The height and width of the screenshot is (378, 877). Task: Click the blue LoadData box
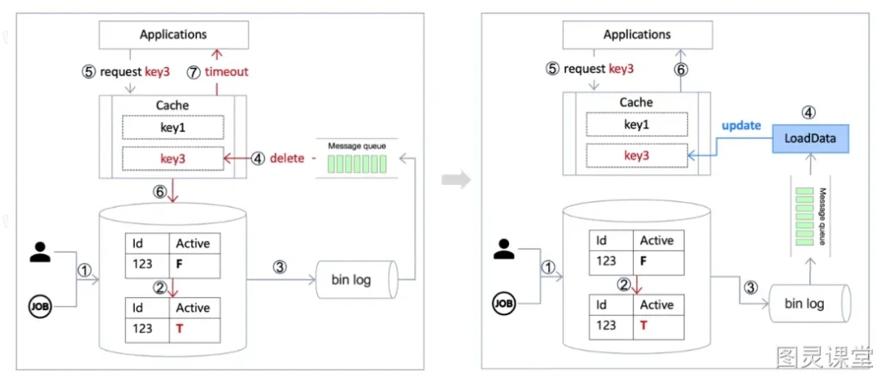pyautogui.click(x=811, y=137)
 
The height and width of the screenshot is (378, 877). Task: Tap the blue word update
pyautogui.click(x=741, y=125)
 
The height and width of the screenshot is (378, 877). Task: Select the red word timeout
pyautogui.click(x=227, y=71)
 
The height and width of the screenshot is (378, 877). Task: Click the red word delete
pyautogui.click(x=287, y=158)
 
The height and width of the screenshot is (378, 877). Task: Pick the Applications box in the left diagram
pyautogui.click(x=173, y=34)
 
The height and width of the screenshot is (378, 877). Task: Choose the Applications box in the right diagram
pyautogui.click(x=636, y=34)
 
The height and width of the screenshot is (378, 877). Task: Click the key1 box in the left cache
pyautogui.click(x=173, y=127)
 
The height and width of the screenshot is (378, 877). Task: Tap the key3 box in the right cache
pyautogui.click(x=636, y=155)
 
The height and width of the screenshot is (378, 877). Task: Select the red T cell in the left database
pyautogui.click(x=195, y=328)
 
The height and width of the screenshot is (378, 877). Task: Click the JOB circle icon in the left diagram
pyautogui.click(x=40, y=307)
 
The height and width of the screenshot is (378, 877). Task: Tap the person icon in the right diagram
pyautogui.click(x=503, y=249)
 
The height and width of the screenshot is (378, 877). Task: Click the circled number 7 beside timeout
pyautogui.click(x=194, y=72)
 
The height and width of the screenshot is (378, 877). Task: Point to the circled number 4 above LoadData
pyautogui.click(x=809, y=112)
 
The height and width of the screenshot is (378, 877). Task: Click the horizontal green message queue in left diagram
pyautogui.click(x=357, y=164)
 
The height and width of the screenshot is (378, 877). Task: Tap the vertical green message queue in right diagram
pyautogui.click(x=806, y=216)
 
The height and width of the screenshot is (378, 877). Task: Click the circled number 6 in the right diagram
pyautogui.click(x=681, y=70)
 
